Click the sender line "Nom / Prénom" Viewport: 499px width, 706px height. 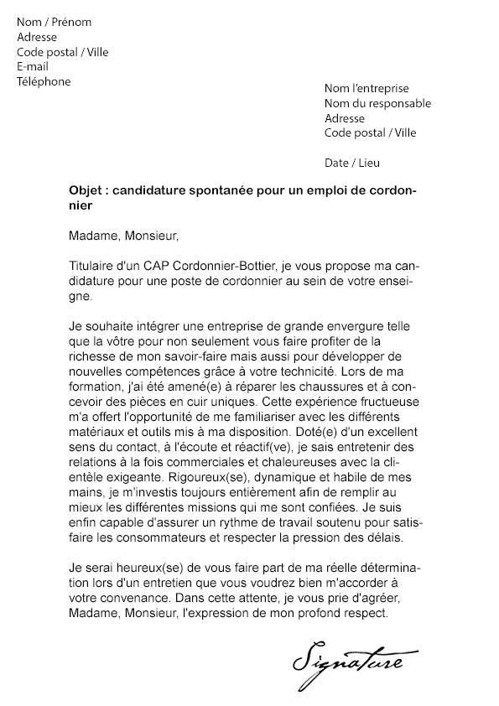[55, 23]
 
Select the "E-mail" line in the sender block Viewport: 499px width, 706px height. [33, 67]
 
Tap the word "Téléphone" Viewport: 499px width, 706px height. [44, 82]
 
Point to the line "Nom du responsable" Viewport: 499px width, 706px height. [377, 104]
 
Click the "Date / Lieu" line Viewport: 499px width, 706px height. [351, 163]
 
